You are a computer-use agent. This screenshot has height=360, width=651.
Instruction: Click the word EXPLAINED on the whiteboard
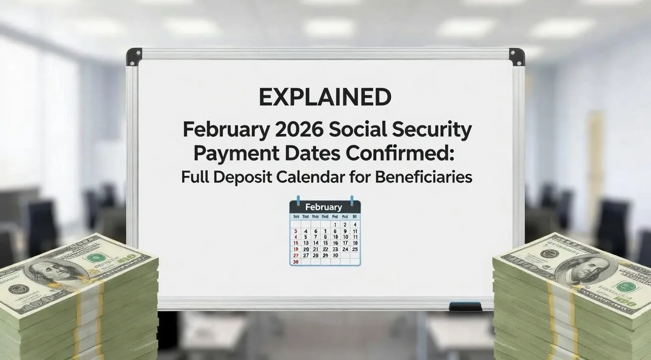[325, 98]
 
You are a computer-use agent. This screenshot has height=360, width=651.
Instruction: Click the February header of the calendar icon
[324, 207]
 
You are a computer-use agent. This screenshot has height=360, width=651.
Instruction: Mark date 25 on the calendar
[355, 249]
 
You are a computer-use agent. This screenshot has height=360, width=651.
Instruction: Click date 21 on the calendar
[315, 249]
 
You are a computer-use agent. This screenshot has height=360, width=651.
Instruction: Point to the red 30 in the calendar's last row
[295, 262]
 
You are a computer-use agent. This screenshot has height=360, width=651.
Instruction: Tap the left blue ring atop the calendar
[298, 199]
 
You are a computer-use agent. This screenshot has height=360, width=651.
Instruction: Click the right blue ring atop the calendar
[352, 199]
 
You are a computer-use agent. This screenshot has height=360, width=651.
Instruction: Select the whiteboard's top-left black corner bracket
[134, 56]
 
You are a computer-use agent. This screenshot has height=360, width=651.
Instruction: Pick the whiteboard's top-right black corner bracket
[516, 56]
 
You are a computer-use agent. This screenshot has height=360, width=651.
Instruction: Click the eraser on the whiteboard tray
[465, 306]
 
